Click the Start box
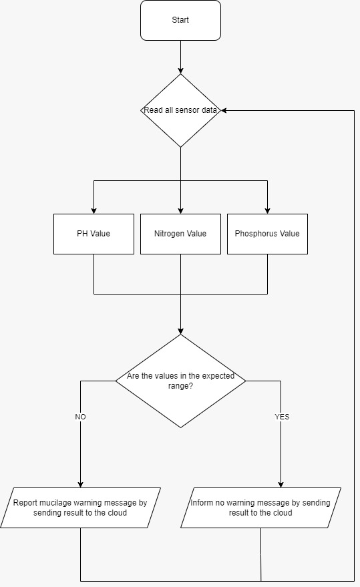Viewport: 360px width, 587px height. [180, 20]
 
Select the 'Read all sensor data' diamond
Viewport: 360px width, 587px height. [180, 110]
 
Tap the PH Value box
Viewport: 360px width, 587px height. [94, 234]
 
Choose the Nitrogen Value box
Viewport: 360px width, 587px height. [180, 234]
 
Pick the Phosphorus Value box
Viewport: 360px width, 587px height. [267, 234]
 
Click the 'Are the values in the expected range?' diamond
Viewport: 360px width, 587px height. [180, 381]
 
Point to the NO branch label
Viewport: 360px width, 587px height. [81, 417]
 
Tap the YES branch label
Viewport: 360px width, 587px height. [282, 417]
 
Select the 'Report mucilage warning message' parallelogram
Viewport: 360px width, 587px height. [80, 508]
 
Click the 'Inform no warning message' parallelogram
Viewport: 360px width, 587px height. [260, 508]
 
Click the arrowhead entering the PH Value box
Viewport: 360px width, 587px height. [94, 211]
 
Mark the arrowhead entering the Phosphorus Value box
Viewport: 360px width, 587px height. [267, 211]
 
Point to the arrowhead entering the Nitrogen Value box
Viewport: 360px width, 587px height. [180, 211]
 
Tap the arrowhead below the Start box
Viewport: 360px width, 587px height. [180, 70]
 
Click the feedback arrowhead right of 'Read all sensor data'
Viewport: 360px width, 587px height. [224, 110]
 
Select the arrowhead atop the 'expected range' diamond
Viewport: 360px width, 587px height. [180, 331]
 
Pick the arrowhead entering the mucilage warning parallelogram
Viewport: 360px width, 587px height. [81, 484]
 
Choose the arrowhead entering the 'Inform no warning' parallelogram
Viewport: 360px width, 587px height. [281, 484]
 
